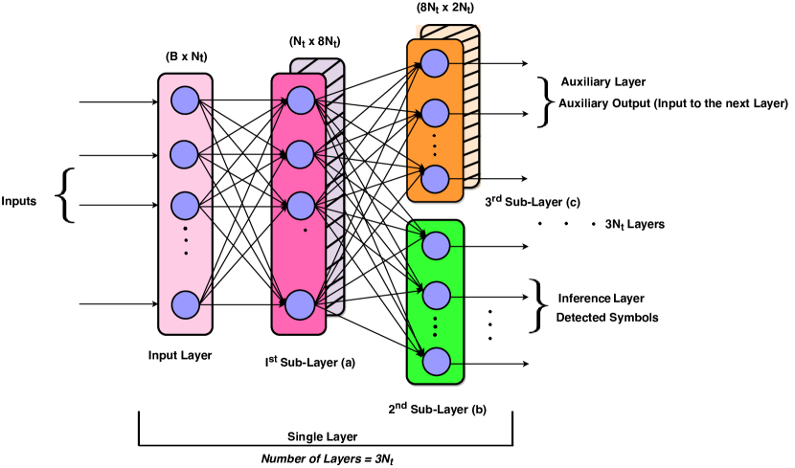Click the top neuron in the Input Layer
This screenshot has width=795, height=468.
point(185,100)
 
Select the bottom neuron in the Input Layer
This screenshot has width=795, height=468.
point(185,305)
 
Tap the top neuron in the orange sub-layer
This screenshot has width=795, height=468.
point(434,63)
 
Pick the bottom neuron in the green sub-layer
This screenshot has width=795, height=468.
point(436,362)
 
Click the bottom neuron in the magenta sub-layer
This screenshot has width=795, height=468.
point(301,305)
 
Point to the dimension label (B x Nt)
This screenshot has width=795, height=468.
point(186,57)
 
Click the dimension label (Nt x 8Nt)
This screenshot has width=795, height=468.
point(315,41)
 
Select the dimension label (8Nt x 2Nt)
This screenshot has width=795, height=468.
point(445,8)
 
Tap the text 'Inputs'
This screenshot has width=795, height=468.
point(19,201)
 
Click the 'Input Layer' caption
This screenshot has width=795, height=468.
point(180,355)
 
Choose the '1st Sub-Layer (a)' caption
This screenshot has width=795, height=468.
point(309,362)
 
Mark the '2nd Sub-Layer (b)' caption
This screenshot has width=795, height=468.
point(437,409)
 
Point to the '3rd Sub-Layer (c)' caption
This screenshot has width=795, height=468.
point(533,202)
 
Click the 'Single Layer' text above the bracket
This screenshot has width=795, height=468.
point(323,436)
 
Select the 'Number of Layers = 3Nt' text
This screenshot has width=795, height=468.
point(328,458)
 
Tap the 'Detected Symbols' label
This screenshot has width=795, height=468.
point(607,318)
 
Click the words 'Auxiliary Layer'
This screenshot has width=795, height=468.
point(603,81)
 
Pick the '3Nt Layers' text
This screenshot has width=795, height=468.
point(635,224)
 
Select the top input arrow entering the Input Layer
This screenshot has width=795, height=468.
point(119,101)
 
